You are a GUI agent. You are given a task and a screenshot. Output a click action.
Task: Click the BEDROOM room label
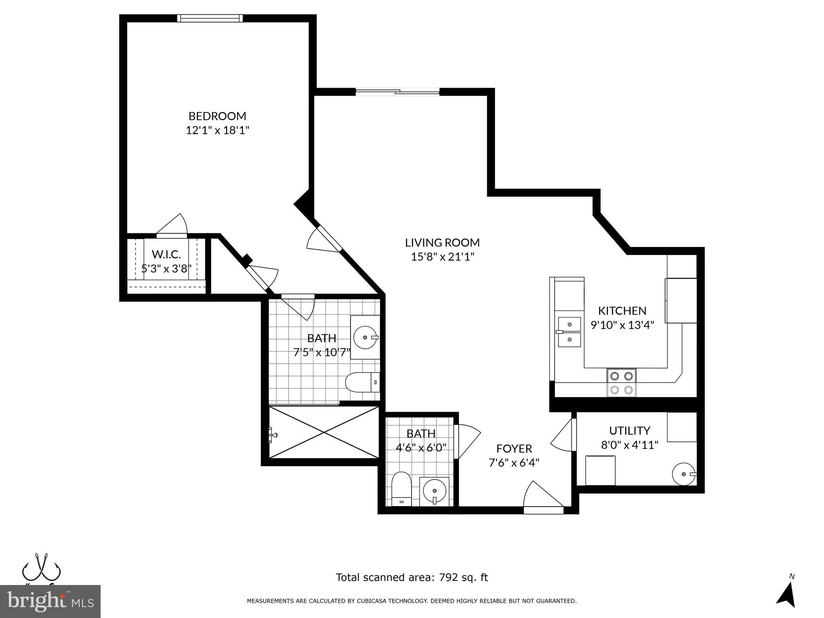coord(217,116)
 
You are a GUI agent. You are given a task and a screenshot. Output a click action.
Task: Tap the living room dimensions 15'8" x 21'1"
coord(443,257)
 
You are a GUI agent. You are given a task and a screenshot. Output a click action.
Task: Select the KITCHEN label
coord(622,311)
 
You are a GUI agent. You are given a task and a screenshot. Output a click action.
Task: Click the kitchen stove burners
coord(621,383)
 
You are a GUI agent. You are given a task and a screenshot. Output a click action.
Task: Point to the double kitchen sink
coord(569,332)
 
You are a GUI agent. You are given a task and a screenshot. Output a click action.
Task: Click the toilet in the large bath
coord(362,382)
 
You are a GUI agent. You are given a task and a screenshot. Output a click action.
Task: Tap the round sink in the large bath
coord(365,338)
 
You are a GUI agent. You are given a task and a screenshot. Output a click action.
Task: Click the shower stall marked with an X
coord(324,432)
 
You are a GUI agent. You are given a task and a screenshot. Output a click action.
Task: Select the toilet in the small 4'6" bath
coord(401,489)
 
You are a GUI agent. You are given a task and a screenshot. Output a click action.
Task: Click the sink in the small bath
coord(435,491)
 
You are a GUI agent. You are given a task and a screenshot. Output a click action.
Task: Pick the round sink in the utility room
coord(684,474)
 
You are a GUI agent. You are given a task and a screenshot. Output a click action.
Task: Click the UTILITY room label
coord(629,431)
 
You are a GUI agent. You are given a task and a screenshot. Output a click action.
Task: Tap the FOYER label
coord(514,448)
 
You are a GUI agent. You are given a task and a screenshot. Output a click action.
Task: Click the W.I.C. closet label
coord(166,254)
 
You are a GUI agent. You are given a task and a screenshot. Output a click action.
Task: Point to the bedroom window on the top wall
coord(210,18)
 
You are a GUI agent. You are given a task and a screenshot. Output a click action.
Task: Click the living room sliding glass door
coord(398,92)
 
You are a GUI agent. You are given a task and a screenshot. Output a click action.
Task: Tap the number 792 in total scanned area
coord(449,577)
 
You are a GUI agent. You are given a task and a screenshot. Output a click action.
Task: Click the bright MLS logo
coord(50,601)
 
